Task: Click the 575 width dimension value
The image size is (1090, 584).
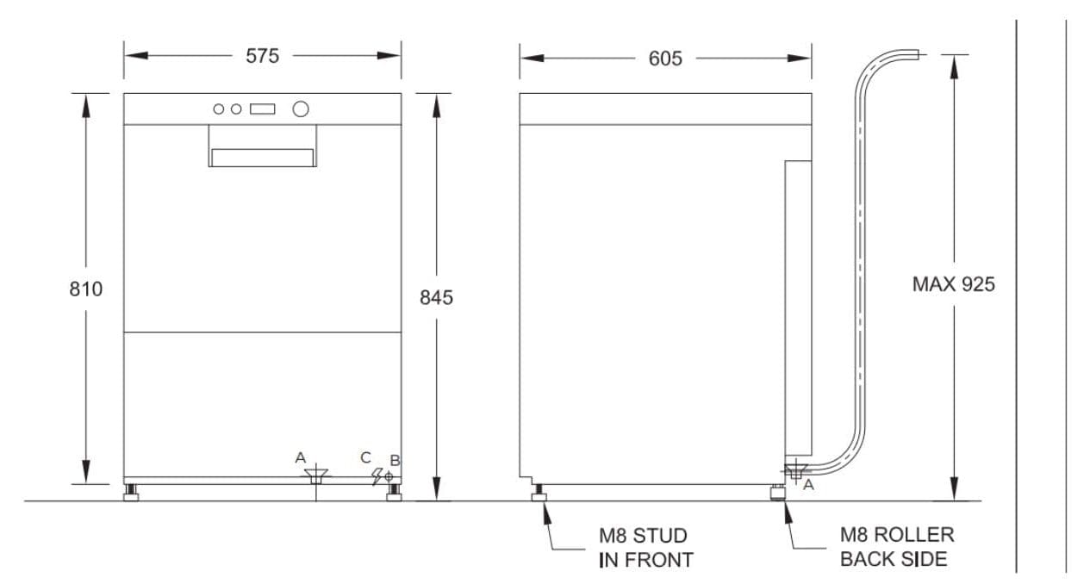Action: click(x=262, y=56)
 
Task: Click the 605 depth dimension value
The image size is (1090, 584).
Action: click(x=665, y=59)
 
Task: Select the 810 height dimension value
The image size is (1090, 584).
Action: click(x=85, y=289)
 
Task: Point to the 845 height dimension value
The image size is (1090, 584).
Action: click(x=436, y=297)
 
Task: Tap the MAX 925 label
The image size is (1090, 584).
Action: click(x=953, y=284)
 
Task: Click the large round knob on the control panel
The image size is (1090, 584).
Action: click(x=301, y=109)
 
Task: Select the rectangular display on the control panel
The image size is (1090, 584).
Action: click(x=262, y=109)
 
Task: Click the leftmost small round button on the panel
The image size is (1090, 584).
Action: click(x=219, y=109)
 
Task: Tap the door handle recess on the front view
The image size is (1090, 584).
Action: click(x=262, y=158)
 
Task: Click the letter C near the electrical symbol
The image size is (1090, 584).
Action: click(x=365, y=457)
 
